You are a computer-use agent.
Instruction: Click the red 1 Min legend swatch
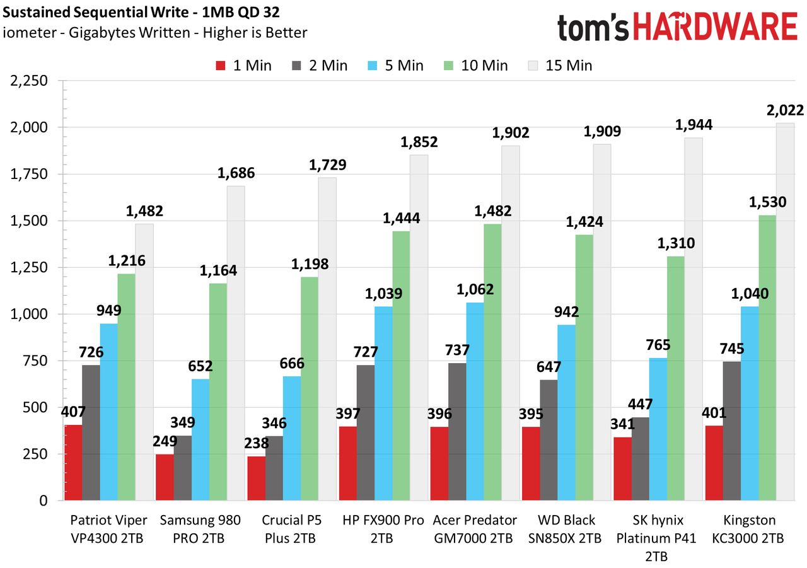(x=221, y=66)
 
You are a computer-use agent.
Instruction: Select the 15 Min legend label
(x=569, y=66)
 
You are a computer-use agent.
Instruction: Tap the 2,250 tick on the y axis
(x=29, y=81)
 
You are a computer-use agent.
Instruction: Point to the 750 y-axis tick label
(x=35, y=361)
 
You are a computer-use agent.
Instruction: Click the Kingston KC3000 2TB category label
(x=748, y=529)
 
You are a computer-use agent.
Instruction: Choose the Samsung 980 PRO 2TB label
(x=200, y=529)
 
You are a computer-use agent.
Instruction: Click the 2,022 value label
(x=785, y=110)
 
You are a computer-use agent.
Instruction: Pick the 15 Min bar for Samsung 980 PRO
(x=236, y=343)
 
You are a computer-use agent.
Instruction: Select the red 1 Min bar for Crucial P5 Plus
(x=256, y=478)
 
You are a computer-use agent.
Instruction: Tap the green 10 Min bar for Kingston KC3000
(x=767, y=357)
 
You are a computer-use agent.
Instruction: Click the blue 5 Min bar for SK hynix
(x=658, y=429)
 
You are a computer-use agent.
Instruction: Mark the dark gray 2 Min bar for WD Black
(x=549, y=440)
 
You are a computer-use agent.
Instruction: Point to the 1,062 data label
(x=475, y=289)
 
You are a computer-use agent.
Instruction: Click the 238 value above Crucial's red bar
(x=257, y=443)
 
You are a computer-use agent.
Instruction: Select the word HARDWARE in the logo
(x=715, y=26)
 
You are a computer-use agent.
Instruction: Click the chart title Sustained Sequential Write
(x=96, y=13)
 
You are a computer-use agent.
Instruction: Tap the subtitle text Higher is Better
(x=255, y=33)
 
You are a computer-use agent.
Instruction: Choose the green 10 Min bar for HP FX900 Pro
(x=402, y=366)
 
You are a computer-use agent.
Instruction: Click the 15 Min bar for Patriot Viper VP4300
(x=144, y=362)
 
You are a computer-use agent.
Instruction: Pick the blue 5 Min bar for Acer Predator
(x=475, y=401)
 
